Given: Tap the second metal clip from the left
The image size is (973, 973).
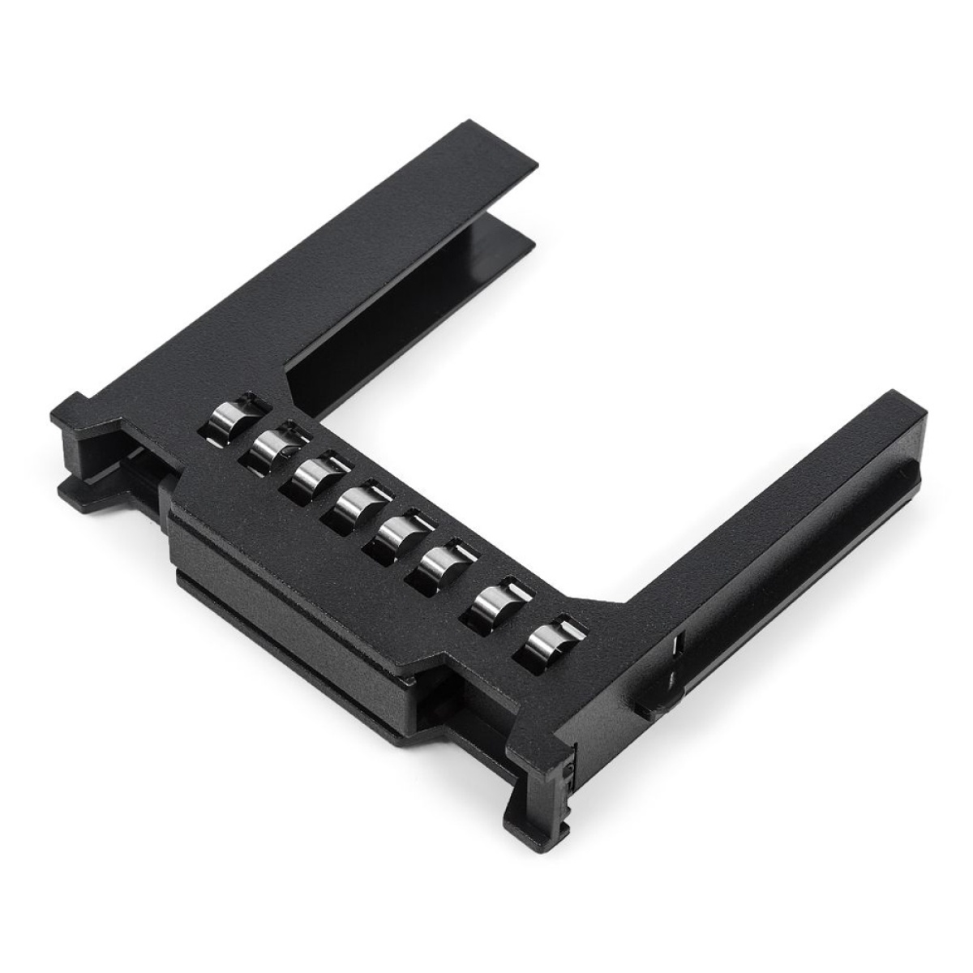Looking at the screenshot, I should click(272, 447).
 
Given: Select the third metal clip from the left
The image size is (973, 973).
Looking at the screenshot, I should click(312, 477).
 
